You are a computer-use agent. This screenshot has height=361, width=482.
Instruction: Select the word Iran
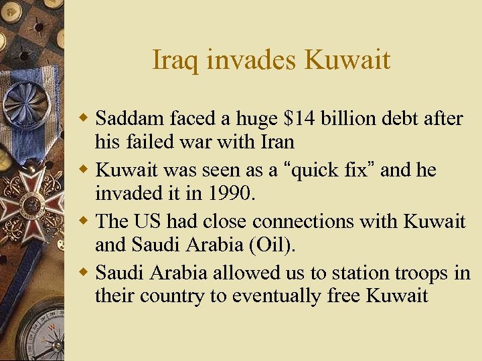[276, 142]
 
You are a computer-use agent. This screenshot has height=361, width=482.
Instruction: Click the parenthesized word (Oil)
[271, 245]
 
